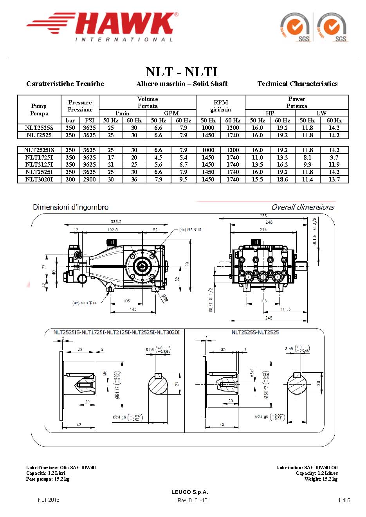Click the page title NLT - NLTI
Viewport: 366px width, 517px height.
(x=182, y=72)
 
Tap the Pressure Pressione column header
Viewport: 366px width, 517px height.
(x=80, y=106)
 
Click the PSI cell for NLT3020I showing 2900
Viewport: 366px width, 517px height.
(x=89, y=180)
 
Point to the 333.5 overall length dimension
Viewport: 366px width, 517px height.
(x=116, y=222)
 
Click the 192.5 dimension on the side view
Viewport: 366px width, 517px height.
(x=112, y=230)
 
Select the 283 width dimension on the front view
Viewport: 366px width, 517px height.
(x=263, y=216)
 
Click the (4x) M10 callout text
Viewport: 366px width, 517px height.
(x=85, y=303)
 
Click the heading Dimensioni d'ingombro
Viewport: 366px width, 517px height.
(x=71, y=207)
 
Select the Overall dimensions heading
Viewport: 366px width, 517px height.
(x=303, y=207)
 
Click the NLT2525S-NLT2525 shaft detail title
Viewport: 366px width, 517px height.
(x=255, y=332)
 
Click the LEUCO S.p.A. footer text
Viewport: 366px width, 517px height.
(x=190, y=492)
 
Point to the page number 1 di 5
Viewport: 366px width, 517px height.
(x=344, y=500)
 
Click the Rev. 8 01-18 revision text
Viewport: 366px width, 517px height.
(x=192, y=500)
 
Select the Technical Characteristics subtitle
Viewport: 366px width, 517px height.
(x=297, y=84)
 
